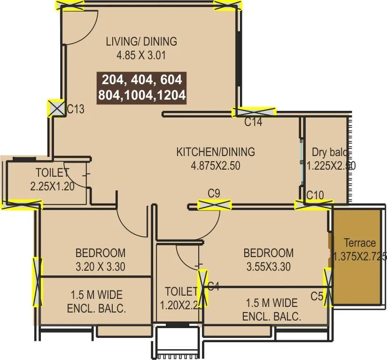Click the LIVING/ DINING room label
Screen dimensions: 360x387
tap(141, 41)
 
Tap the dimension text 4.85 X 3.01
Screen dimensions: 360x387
tap(141, 55)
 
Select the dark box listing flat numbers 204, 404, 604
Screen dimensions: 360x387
tap(142, 86)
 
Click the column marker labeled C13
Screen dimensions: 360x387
tap(57, 109)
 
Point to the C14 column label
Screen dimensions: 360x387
tap(253, 123)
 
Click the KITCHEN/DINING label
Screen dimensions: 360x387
tap(216, 152)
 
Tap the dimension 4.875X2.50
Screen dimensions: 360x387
tap(216, 165)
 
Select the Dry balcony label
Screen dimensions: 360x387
tap(330, 152)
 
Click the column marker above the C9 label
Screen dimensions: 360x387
tap(215, 204)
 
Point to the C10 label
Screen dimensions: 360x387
tap(315, 195)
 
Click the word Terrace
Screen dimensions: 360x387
tap(360, 243)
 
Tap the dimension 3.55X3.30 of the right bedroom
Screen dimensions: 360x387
tap(268, 267)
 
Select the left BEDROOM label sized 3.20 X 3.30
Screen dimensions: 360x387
tap(101, 253)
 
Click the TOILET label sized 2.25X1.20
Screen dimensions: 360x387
tap(52, 173)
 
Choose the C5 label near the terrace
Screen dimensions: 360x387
tap(317, 296)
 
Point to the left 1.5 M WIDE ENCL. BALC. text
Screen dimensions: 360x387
tap(96, 302)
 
